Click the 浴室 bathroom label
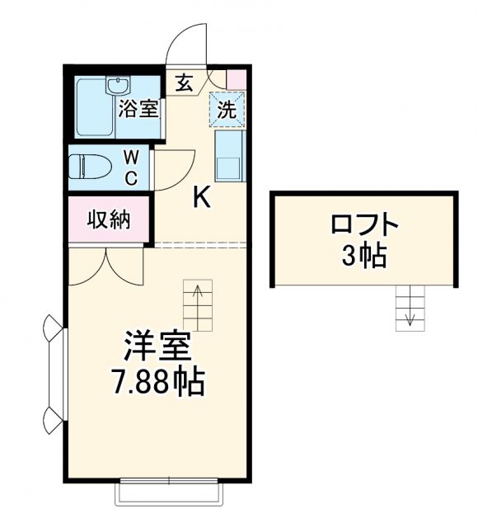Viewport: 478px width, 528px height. point(137,107)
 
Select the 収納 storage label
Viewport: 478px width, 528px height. point(109,219)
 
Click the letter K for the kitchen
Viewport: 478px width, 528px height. point(202,196)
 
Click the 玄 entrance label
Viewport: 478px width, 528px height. point(183,82)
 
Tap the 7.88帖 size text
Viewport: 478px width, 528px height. point(157,382)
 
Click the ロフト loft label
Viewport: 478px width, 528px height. point(363,224)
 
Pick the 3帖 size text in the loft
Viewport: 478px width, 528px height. point(363,256)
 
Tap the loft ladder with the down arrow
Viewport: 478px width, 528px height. point(409,308)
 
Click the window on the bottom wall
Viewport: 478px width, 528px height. point(169,493)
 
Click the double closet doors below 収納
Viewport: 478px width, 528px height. point(108,265)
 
